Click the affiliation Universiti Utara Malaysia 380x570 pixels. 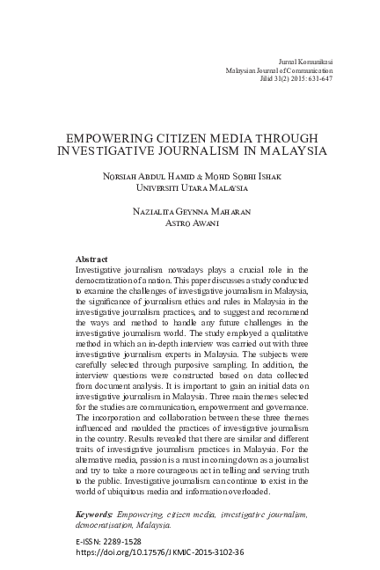[190, 187]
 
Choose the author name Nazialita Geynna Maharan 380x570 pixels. [190, 214]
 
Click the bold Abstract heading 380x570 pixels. [91, 259]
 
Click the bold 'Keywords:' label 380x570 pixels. [94, 513]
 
